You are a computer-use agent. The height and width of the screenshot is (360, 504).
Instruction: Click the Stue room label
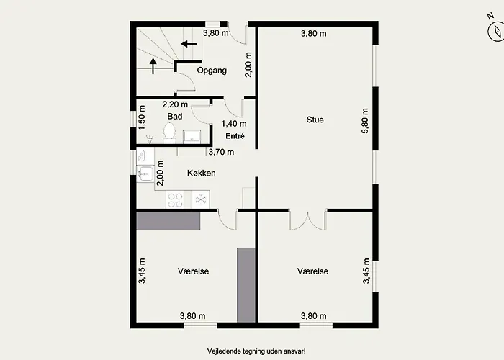[315, 120]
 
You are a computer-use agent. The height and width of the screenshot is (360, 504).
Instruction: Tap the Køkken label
[201, 173]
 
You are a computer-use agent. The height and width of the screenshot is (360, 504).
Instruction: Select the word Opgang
[212, 71]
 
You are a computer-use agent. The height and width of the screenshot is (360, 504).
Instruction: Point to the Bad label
[175, 116]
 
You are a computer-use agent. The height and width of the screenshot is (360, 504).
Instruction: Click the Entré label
[235, 136]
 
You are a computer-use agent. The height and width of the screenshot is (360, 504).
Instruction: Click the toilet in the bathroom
[169, 132]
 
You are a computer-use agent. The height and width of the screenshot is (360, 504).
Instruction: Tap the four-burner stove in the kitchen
[175, 199]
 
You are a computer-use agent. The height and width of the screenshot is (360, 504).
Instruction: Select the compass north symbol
[495, 29]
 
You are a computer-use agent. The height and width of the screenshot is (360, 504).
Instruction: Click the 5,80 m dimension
[365, 120]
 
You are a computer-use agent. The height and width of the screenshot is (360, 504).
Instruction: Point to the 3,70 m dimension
[221, 152]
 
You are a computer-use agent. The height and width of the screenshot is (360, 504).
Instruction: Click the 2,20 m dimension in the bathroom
[175, 104]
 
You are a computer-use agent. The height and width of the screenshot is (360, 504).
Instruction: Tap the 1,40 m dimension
[234, 124]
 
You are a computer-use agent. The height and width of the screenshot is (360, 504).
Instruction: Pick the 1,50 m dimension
[142, 117]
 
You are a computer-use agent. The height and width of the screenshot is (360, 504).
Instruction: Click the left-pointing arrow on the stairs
[189, 44]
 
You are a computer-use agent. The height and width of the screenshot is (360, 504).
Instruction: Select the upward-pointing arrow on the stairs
[153, 66]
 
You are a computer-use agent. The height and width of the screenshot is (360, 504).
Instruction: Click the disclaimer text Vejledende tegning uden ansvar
[256, 351]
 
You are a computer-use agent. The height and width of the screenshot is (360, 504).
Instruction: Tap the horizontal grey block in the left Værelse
[168, 221]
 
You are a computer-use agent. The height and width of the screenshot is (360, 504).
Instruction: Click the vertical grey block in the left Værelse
[246, 285]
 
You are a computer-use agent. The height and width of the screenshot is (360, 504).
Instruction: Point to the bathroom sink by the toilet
[192, 137]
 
